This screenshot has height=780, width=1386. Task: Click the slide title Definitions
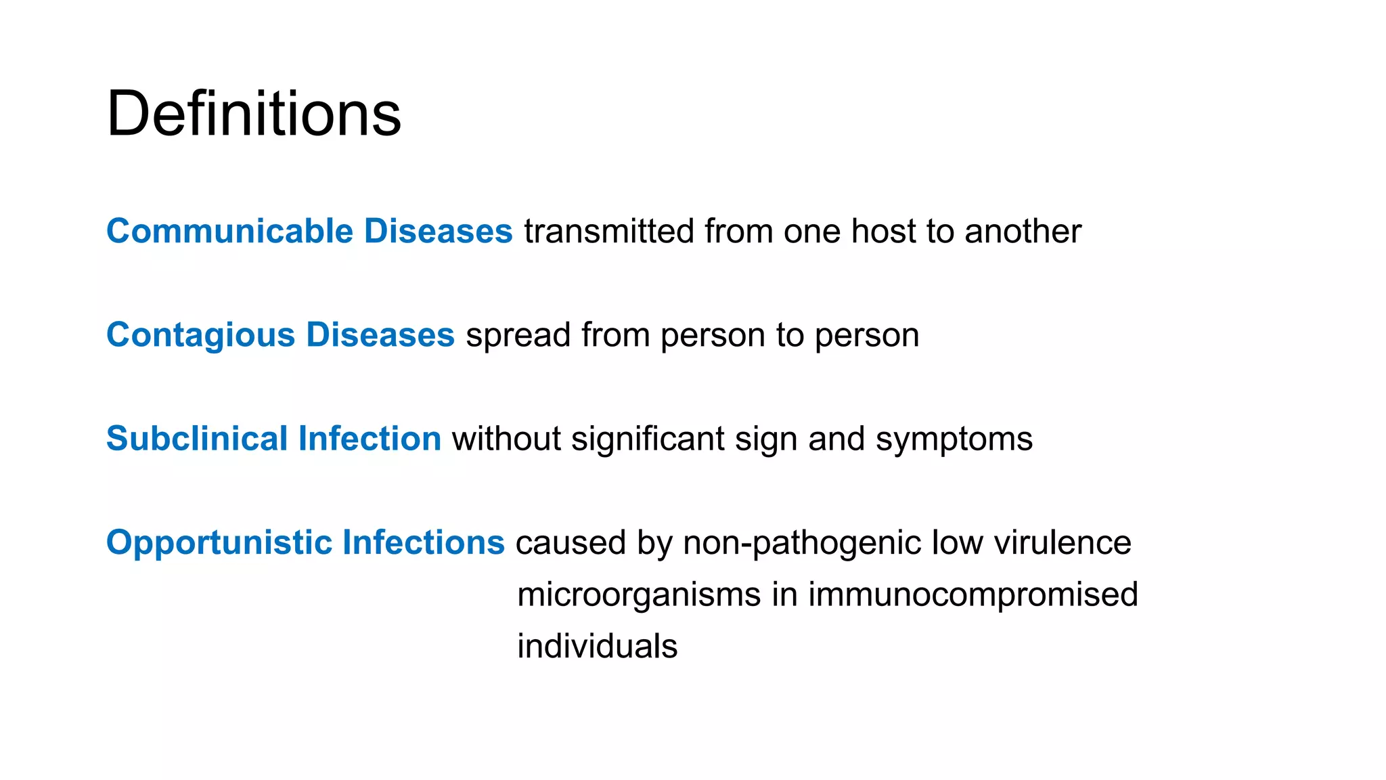pyautogui.click(x=254, y=113)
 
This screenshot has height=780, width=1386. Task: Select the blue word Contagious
pyautogui.click(x=201, y=334)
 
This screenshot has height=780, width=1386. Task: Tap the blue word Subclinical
pyautogui.click(x=197, y=438)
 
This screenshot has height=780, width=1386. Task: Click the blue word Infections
pyautogui.click(x=424, y=542)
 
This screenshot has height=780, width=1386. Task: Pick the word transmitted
pyautogui.click(x=609, y=231)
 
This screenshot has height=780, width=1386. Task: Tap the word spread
pyautogui.click(x=518, y=336)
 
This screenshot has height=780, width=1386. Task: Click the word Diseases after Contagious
pyautogui.click(x=380, y=334)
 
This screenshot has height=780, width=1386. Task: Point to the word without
pyautogui.click(x=506, y=439)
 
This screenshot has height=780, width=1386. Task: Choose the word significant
pyautogui.click(x=648, y=439)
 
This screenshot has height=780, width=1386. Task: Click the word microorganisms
pyautogui.click(x=639, y=595)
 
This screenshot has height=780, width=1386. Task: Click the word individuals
pyautogui.click(x=597, y=646)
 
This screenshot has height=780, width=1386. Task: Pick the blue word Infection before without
pyautogui.click(x=370, y=438)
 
